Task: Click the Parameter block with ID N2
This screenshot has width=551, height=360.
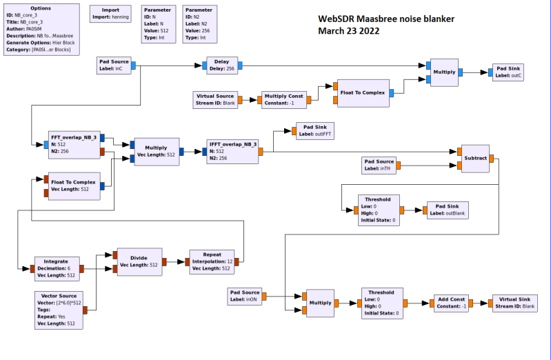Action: (x=200, y=24)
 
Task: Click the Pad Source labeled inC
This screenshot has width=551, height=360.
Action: (x=114, y=65)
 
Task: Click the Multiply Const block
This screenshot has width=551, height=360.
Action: (x=283, y=99)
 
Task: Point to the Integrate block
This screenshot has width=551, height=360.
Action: (x=56, y=269)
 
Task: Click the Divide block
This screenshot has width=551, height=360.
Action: (x=139, y=261)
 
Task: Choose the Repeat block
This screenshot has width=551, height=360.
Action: (x=212, y=261)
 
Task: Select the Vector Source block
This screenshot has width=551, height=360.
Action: (x=58, y=309)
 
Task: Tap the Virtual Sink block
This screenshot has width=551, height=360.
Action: (x=513, y=303)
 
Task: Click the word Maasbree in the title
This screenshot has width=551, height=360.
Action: (x=390, y=19)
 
